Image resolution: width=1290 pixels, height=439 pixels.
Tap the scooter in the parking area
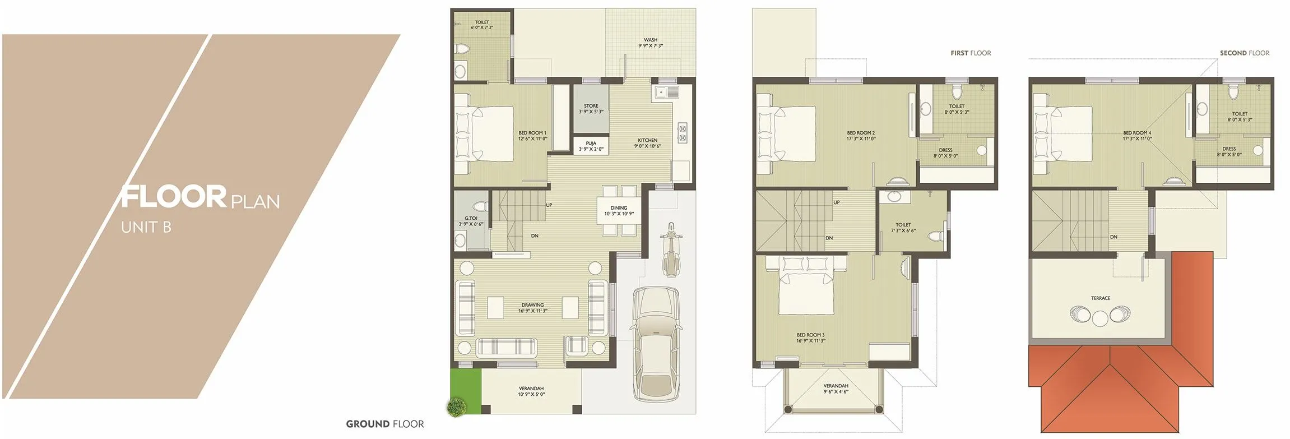[x=670, y=250]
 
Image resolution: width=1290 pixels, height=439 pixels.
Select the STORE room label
[x=591, y=109]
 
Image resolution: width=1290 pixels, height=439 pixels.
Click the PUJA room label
[x=591, y=146]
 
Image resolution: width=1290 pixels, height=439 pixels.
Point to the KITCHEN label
[x=647, y=143]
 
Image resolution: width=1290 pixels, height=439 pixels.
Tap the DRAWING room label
[x=532, y=308]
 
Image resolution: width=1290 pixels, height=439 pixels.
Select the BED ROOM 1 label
[x=532, y=136]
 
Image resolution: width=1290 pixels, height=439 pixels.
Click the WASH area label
[x=650, y=43]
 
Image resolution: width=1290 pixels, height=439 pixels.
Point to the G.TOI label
[x=471, y=221]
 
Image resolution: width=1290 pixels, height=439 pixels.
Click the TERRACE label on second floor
[x=1100, y=298]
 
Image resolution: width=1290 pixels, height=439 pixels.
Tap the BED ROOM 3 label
[x=810, y=338]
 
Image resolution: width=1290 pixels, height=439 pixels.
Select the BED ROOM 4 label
[x=1137, y=136]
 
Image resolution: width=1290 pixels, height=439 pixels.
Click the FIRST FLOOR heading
[x=971, y=53]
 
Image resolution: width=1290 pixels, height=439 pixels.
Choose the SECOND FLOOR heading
[x=1244, y=53]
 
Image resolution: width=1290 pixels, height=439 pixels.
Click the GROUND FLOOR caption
[x=384, y=424]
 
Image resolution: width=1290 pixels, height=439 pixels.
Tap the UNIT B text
[x=146, y=227]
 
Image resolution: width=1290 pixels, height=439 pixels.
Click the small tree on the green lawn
[x=457, y=407]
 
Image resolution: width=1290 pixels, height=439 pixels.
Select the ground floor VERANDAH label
[x=531, y=391]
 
